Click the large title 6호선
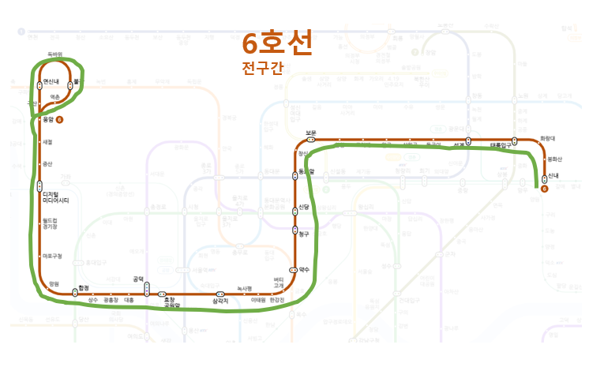point(277,42)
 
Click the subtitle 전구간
point(262,69)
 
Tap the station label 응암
point(48,119)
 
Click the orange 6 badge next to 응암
point(60,119)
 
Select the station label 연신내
point(51,81)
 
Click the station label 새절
point(47,142)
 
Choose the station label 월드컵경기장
point(51,223)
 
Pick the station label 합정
point(83,288)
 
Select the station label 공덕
point(138,279)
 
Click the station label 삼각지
point(220,301)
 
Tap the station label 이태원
point(257,300)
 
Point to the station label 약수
point(304,269)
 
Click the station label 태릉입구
point(501,145)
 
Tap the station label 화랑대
point(549,139)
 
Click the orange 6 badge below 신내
point(545,188)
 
